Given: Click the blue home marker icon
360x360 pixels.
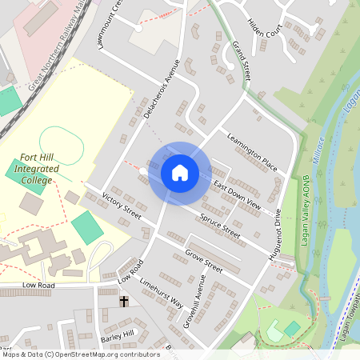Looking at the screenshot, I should point(180,173).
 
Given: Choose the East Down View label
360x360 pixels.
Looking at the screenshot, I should point(238,197).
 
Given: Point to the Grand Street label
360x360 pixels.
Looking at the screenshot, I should point(241,60).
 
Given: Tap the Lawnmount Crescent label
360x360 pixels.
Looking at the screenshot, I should point(108,24).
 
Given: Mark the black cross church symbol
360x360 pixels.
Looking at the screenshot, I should point(124,302).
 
